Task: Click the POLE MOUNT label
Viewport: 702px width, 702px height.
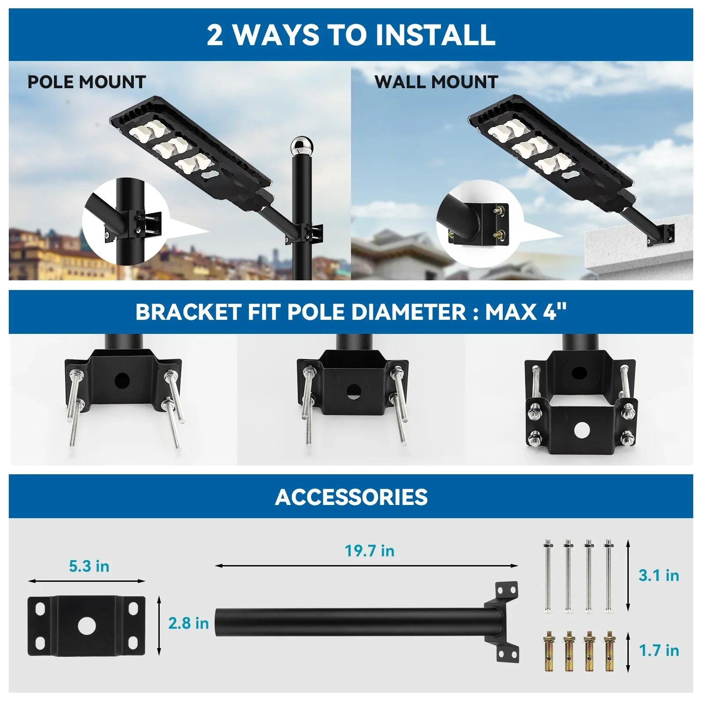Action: click(x=86, y=82)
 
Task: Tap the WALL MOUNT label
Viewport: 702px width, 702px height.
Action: click(x=436, y=82)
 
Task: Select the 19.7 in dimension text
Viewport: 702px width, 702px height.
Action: click(x=369, y=551)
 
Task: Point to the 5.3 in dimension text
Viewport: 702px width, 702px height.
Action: click(x=89, y=566)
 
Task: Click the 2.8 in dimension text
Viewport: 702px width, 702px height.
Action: click(x=189, y=623)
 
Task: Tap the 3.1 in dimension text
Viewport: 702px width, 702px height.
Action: click(x=659, y=575)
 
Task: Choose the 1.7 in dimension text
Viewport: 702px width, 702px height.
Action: click(x=659, y=650)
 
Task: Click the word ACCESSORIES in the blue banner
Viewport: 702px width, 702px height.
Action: click(x=351, y=497)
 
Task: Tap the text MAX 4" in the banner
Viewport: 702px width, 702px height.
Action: click(x=526, y=312)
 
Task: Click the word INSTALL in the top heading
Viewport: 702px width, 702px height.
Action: click(x=435, y=35)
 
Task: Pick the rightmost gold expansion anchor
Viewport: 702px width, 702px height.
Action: click(x=608, y=650)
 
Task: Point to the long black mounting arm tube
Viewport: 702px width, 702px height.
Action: click(x=351, y=622)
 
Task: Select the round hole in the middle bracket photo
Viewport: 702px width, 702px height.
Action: click(x=353, y=391)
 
